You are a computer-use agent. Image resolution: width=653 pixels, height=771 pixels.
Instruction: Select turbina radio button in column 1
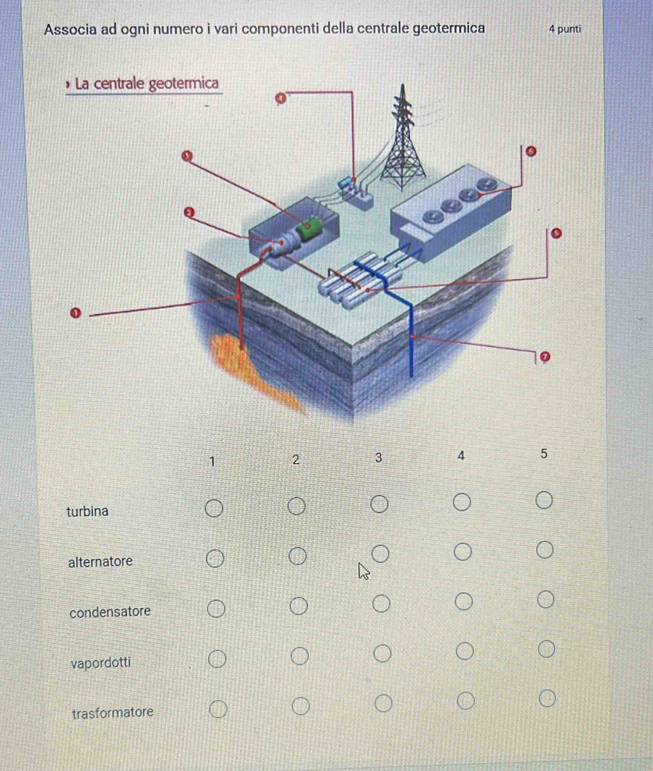214,508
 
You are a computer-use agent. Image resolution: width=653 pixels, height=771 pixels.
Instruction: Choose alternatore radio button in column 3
379,553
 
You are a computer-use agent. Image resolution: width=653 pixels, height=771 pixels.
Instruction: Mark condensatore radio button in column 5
545,599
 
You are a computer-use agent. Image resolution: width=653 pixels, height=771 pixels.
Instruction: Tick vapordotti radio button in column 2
299,656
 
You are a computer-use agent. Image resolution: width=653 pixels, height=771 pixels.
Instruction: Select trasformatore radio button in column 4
465,700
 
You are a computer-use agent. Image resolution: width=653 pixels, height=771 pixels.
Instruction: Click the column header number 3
379,458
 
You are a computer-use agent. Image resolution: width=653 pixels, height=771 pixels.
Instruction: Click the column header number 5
543,454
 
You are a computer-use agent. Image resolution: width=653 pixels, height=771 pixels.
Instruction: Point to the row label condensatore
110,612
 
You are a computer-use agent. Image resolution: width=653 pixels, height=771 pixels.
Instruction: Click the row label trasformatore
112,713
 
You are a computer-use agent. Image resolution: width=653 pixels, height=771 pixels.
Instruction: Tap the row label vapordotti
101,663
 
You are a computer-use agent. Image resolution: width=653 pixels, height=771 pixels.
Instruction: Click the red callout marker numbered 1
75,313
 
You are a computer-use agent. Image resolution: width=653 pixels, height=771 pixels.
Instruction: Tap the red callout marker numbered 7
545,356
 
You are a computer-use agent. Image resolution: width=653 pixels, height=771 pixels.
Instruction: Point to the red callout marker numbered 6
531,151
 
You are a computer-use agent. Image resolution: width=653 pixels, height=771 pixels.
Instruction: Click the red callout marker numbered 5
556,233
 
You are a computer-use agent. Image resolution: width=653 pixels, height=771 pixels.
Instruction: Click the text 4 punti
565,29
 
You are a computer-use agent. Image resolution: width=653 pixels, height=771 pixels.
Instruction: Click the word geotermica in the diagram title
183,84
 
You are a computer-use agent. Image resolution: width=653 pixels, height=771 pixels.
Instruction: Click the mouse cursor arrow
364,571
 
